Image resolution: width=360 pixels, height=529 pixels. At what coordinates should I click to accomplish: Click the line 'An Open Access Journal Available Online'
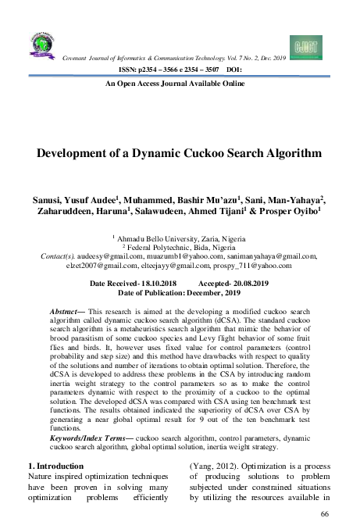pyautogui.click(x=180, y=84)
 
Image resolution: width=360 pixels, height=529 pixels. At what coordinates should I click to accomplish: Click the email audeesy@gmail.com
pyautogui.click(x=109, y=256)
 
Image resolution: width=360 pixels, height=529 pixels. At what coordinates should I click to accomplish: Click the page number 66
pyautogui.click(x=326, y=513)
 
